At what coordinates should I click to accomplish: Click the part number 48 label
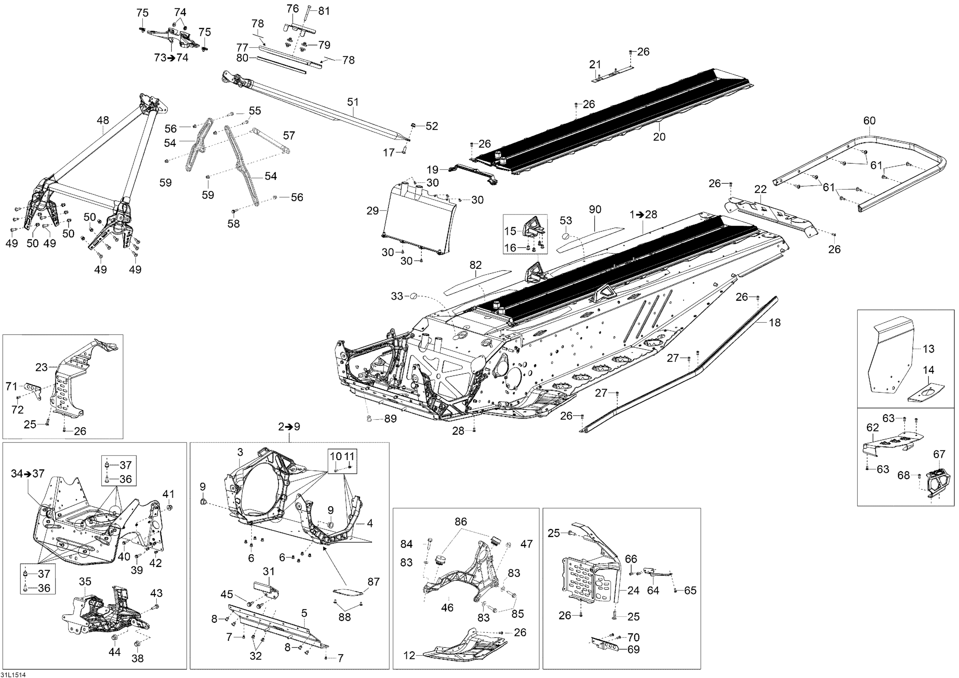103,120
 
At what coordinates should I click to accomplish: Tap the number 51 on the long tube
353,102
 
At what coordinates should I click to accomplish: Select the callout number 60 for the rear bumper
869,121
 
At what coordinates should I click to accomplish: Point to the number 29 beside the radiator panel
373,211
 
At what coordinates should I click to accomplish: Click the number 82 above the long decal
475,265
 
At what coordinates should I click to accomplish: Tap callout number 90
595,209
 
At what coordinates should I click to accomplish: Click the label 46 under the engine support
447,607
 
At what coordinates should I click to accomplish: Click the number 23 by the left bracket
41,367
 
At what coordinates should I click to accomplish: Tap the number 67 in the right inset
939,454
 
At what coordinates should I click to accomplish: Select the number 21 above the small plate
595,64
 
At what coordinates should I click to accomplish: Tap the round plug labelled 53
565,237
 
